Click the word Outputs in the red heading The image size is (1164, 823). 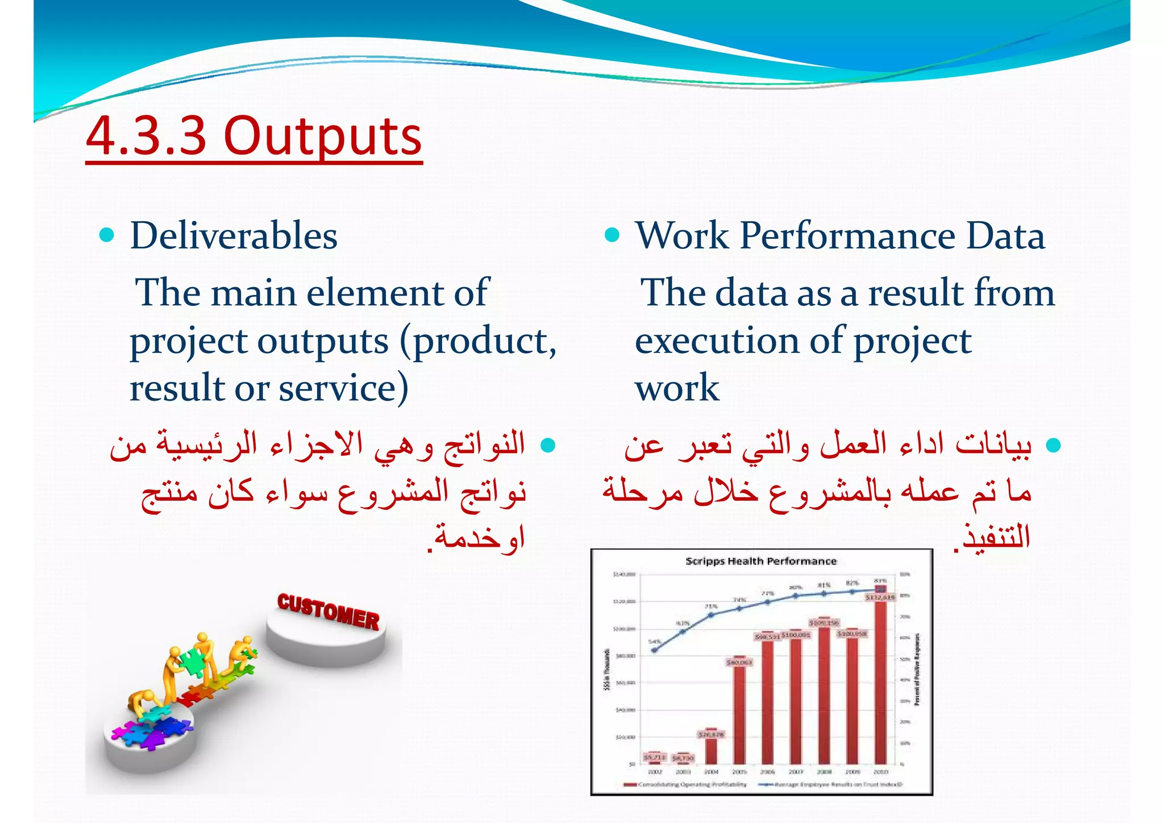click(x=323, y=136)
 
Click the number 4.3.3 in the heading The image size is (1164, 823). click(x=146, y=136)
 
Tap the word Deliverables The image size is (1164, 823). click(x=234, y=236)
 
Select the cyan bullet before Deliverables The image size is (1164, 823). click(x=106, y=235)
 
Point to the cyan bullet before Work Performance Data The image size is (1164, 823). click(x=612, y=235)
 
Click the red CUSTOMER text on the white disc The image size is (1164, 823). click(x=328, y=612)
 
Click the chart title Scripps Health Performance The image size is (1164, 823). click(x=760, y=562)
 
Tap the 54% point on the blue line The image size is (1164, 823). click(x=655, y=650)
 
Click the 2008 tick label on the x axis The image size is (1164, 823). click(x=824, y=772)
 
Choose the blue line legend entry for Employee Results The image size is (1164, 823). click(x=830, y=784)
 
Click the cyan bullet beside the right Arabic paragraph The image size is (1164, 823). click(x=1053, y=444)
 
